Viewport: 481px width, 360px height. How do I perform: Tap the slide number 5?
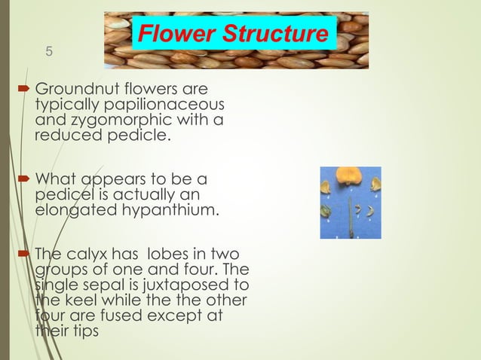(x=49, y=52)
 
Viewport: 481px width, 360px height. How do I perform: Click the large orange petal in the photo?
(x=351, y=179)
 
